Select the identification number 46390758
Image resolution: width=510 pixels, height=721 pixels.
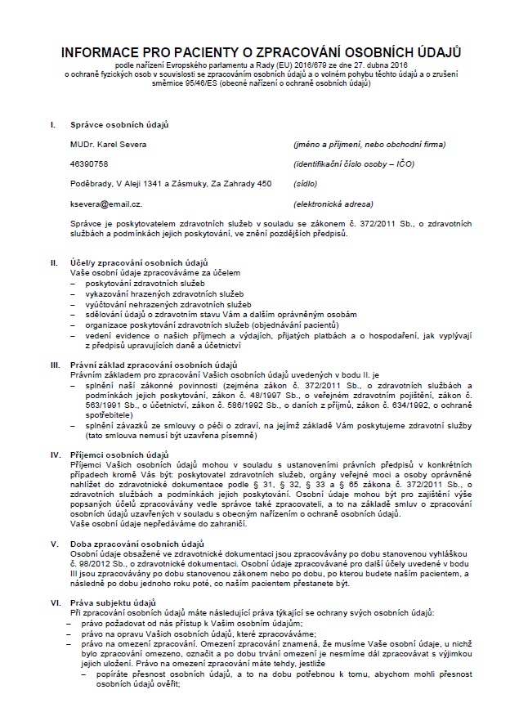[89, 163]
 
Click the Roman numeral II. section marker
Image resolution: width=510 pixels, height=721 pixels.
[54, 264]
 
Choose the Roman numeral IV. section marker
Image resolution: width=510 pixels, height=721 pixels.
[55, 453]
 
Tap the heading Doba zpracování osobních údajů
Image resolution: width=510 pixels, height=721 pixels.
[136, 543]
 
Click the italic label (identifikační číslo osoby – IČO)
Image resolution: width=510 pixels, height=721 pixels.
[354, 163]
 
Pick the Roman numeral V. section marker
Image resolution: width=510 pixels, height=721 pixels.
[54, 543]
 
